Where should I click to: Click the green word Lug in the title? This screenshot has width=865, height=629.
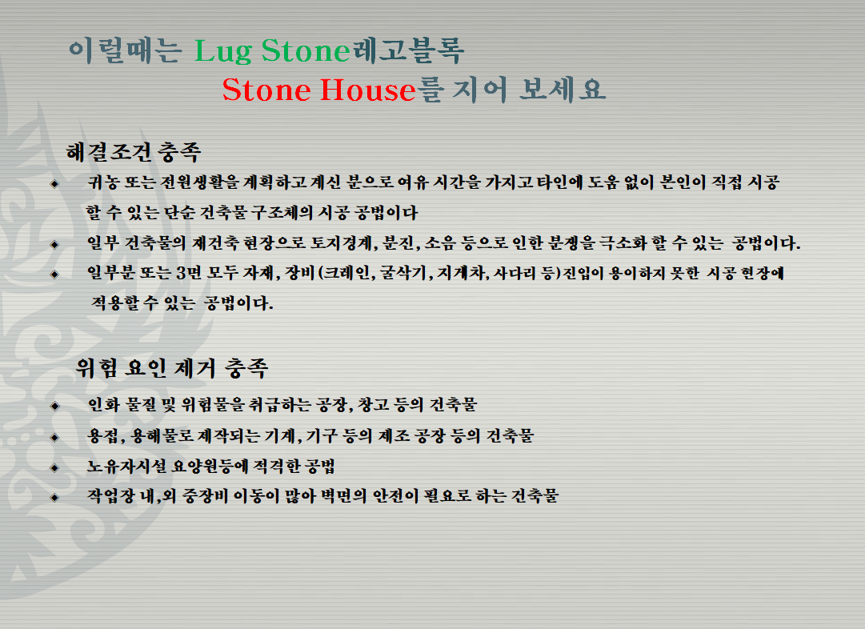(223, 51)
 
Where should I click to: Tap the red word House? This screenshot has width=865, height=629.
(367, 90)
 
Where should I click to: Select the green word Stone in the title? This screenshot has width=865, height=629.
(306, 50)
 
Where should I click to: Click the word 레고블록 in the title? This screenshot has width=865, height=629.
(407, 50)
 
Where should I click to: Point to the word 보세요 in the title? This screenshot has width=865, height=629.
(563, 90)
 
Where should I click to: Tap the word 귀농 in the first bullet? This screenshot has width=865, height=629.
(103, 182)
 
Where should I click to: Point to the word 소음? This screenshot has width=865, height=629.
(440, 243)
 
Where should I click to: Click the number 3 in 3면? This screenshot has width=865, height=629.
(181, 273)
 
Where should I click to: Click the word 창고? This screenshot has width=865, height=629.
(374, 405)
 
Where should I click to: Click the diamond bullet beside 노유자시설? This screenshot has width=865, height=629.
(54, 468)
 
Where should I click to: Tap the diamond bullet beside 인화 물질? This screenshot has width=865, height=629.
(54, 406)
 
